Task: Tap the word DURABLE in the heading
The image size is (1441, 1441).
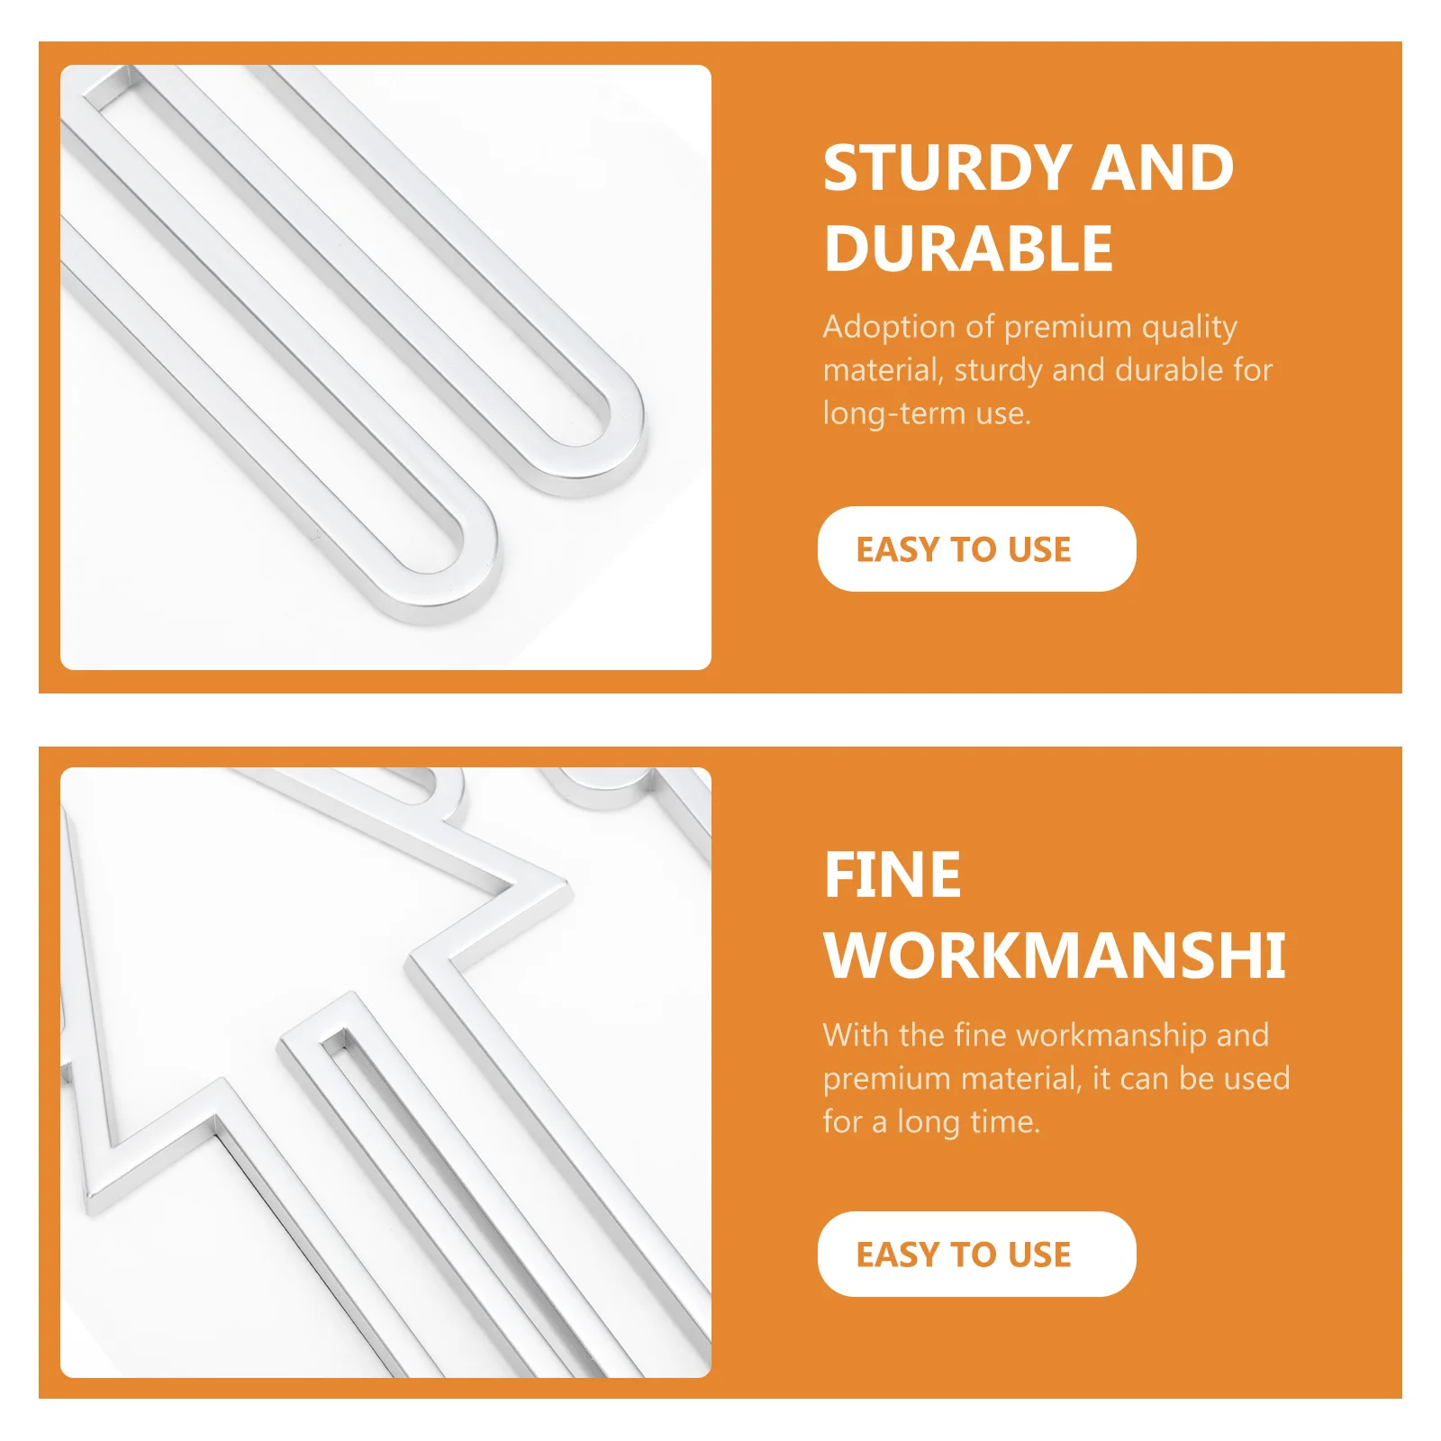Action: coord(968,249)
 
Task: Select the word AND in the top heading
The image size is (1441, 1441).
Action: coord(1162,168)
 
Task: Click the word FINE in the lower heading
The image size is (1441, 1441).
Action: coord(893,875)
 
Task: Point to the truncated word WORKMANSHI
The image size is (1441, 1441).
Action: coord(1055,956)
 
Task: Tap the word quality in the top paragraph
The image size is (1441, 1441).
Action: coord(1190,328)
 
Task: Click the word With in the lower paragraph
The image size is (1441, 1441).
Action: coord(856,1035)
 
